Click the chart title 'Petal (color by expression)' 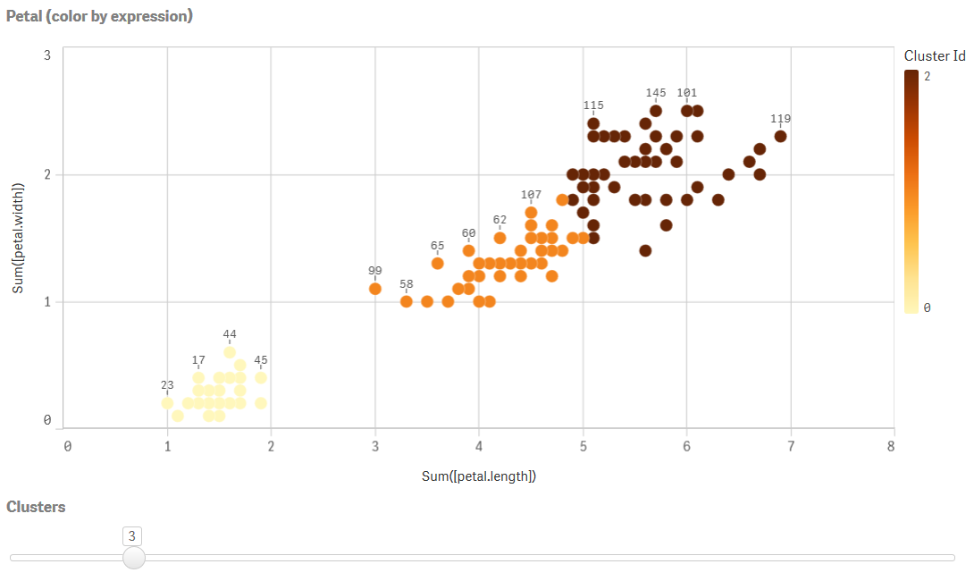click(x=99, y=16)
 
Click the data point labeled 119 click(x=780, y=136)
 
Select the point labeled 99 click(x=375, y=288)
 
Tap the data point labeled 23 click(x=167, y=403)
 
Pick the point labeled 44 click(x=230, y=352)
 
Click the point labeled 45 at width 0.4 click(x=261, y=377)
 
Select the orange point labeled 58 click(x=407, y=301)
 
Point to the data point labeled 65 click(x=438, y=263)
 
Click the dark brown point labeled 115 click(x=593, y=123)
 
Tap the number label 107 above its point click(x=531, y=195)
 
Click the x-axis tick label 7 click(x=790, y=446)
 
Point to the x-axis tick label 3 click(x=375, y=446)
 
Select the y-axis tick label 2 click(x=46, y=175)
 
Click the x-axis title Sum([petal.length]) click(x=479, y=476)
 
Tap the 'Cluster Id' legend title click(x=935, y=55)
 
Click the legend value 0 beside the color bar click(x=927, y=307)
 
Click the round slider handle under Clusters click(x=133, y=558)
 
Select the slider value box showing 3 click(x=132, y=535)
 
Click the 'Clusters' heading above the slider click(x=36, y=507)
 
